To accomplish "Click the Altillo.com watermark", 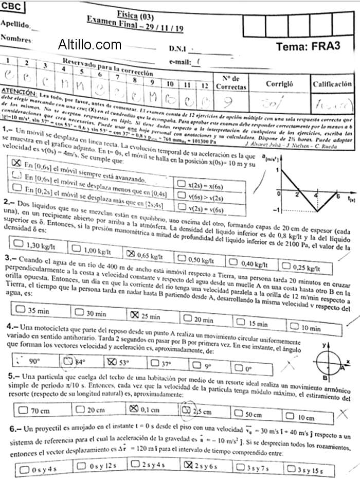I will pos(90,45).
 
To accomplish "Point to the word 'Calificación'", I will pos(332,83).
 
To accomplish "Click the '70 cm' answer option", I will pos(34,411).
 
